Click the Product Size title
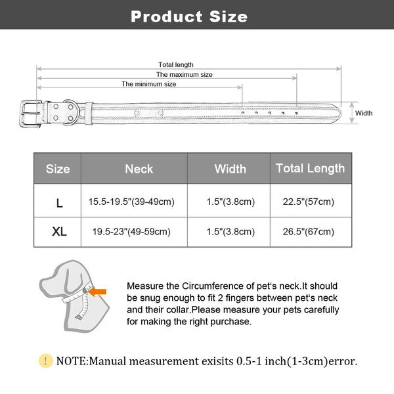click(189, 16)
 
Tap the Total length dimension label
click(176, 64)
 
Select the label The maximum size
click(184, 74)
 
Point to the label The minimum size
click(148, 84)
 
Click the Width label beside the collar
click(364, 113)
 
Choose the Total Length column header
click(310, 169)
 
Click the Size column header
click(58, 169)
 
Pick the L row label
click(59, 203)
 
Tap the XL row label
click(58, 232)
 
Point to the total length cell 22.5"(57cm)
click(309, 202)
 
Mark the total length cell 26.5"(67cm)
click(309, 231)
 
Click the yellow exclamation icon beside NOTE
click(45, 361)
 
